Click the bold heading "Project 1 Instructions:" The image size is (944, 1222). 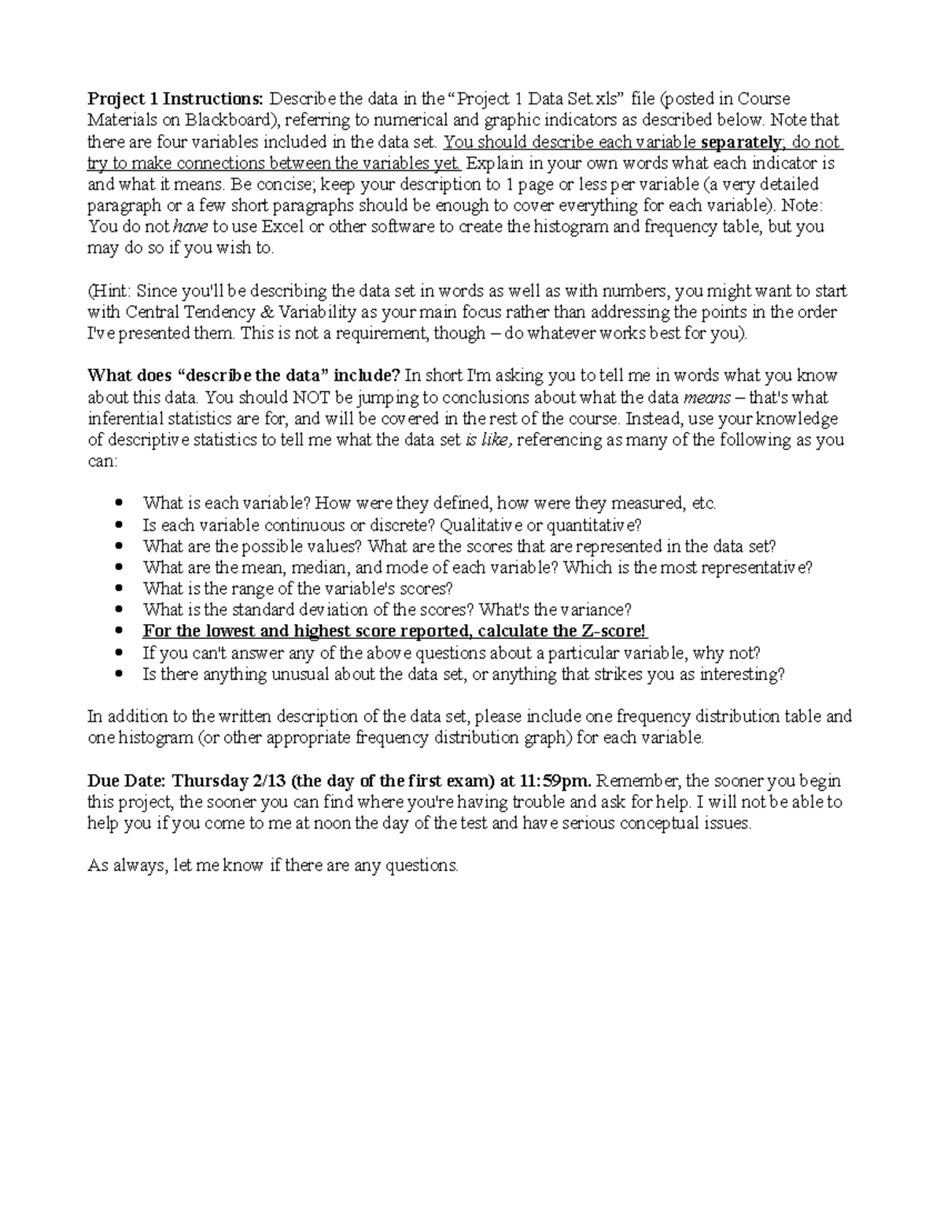click(176, 99)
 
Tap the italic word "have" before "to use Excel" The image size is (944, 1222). click(190, 227)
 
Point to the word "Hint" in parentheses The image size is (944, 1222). click(109, 291)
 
